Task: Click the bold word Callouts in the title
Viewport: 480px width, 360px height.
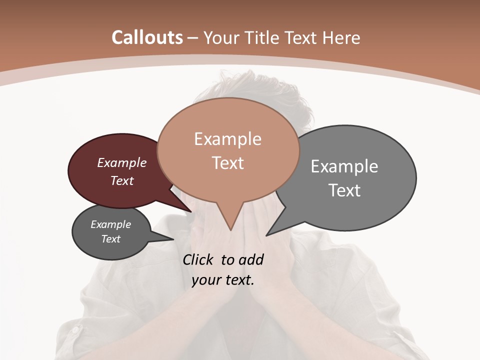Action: click(147, 37)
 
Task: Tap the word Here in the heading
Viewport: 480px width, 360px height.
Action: click(341, 37)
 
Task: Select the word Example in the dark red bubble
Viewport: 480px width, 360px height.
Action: click(122, 162)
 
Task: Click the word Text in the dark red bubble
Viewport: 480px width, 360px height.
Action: click(122, 180)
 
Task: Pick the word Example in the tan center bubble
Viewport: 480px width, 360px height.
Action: click(227, 139)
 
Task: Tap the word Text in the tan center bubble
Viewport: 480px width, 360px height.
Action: click(227, 163)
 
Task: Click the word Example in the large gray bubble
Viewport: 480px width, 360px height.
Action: click(344, 166)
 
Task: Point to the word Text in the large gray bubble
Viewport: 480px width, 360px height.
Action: click(344, 190)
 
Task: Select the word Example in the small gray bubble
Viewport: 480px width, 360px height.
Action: click(111, 224)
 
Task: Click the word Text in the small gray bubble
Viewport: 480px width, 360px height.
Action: click(111, 239)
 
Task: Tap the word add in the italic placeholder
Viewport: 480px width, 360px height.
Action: click(251, 259)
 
